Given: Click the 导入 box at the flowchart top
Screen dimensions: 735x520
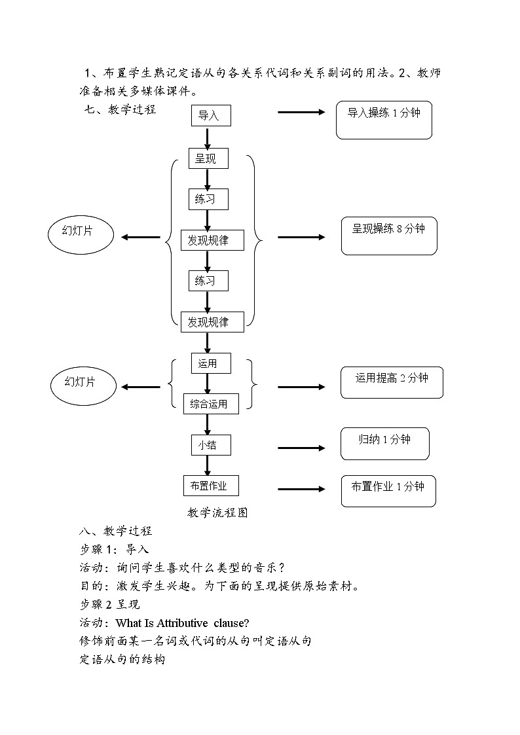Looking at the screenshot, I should pos(211,116).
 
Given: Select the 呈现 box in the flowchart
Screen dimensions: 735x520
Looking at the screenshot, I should pos(208,158).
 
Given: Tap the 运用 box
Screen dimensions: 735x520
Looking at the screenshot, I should pos(211,363).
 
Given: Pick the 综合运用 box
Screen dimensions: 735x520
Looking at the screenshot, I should pos(210,403).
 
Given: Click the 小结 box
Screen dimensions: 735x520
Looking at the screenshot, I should pos(211,445).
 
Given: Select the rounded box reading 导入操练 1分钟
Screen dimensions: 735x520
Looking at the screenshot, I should pos(384,120).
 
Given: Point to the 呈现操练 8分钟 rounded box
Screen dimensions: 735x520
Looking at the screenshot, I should pos(389,236).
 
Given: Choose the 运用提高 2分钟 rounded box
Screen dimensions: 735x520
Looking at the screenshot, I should pos(392,382).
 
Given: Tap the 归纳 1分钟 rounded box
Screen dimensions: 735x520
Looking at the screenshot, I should pos(384,444).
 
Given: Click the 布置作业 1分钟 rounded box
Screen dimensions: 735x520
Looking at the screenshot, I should pos(388,491).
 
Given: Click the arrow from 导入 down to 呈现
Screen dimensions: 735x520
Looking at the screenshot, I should pos(208,138).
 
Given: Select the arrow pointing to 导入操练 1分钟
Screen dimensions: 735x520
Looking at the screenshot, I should pos(301,112).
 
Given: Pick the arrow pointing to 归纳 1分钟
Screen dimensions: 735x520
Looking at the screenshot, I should pos(301,448).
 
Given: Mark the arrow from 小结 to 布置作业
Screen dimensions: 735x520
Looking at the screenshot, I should pos(208,465).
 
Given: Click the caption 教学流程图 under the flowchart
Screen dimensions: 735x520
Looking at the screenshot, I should pos(217,512).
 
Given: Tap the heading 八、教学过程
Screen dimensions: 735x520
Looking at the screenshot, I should pos(115,531).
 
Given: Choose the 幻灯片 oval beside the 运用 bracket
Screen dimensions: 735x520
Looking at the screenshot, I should pos(81,382).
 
